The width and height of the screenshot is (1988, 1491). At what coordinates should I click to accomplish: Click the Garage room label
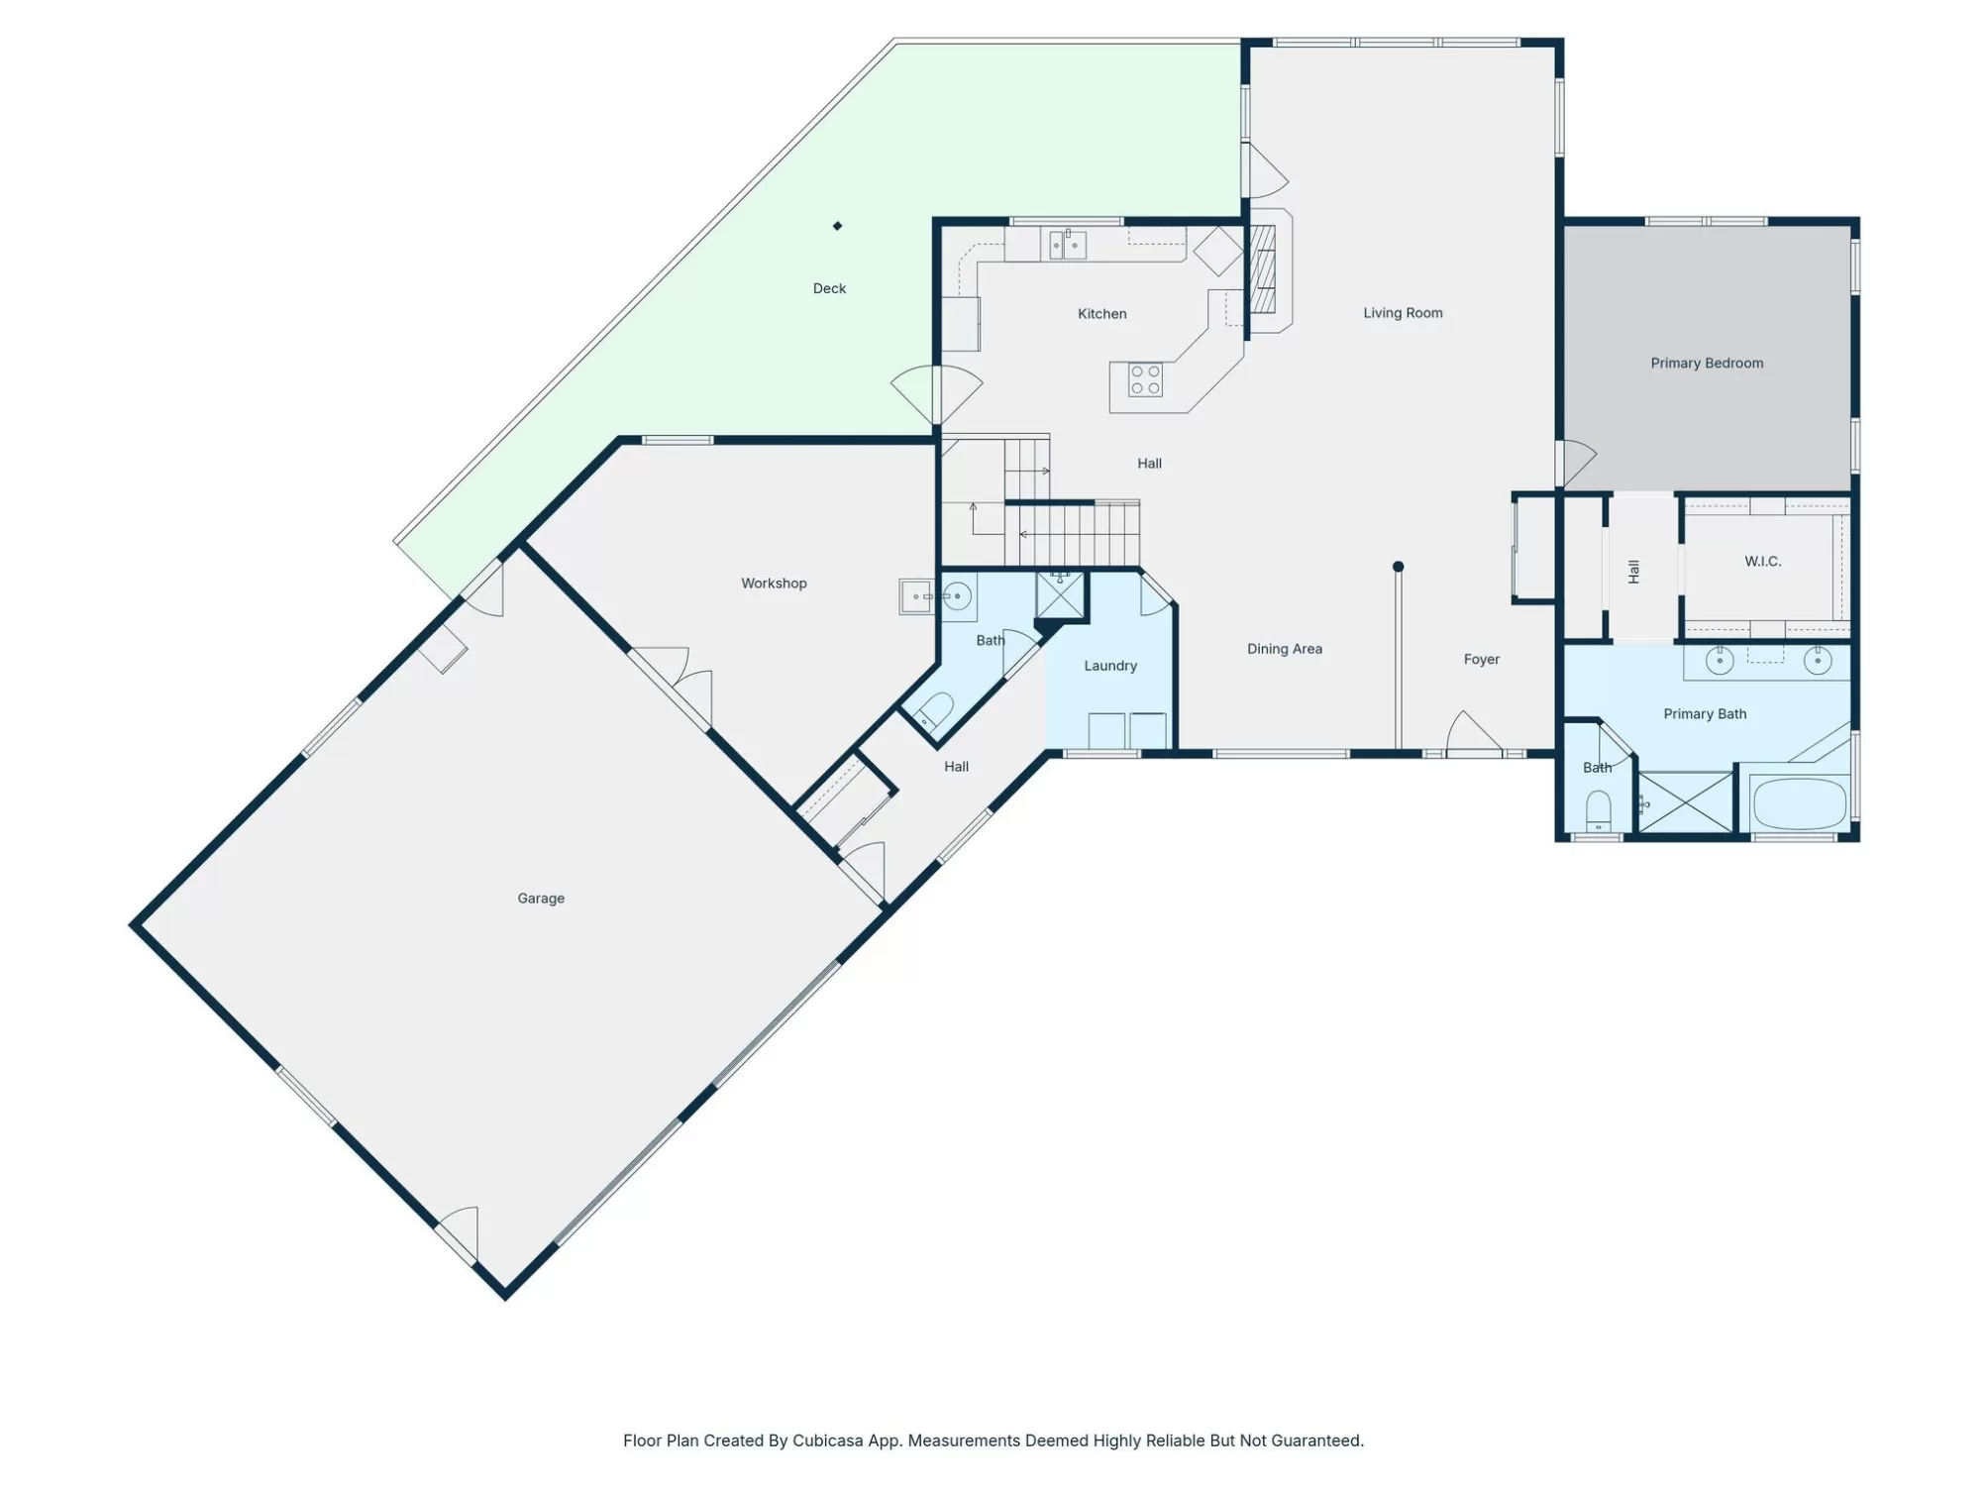click(541, 899)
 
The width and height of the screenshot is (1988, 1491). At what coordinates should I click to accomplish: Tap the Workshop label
click(774, 584)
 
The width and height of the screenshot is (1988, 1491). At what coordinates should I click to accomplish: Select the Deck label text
click(829, 288)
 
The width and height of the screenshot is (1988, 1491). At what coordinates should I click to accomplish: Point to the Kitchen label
click(1101, 314)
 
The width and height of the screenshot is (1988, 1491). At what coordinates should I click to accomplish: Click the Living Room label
click(1403, 313)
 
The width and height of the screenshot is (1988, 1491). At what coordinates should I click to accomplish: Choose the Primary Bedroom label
click(1707, 364)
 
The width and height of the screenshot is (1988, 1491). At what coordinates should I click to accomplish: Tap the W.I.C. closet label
click(1762, 562)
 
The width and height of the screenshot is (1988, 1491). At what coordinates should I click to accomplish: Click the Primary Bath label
click(1704, 714)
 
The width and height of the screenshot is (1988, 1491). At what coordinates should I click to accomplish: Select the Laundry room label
click(1110, 666)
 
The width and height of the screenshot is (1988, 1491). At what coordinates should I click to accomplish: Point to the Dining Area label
click(1284, 649)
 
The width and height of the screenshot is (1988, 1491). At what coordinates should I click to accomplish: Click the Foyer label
click(1481, 660)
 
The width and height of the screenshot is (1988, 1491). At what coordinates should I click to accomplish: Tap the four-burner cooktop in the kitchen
click(1145, 380)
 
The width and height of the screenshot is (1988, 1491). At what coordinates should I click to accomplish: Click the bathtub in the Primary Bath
click(1799, 803)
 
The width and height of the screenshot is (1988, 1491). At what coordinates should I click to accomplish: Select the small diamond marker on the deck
click(837, 226)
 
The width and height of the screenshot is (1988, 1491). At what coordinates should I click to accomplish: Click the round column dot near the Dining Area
click(1398, 567)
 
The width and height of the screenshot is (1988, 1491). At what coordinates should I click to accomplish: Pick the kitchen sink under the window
click(1068, 244)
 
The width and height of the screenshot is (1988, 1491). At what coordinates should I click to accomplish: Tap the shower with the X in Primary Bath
click(1685, 801)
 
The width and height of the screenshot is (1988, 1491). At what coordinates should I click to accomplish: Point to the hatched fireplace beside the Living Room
click(1262, 269)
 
